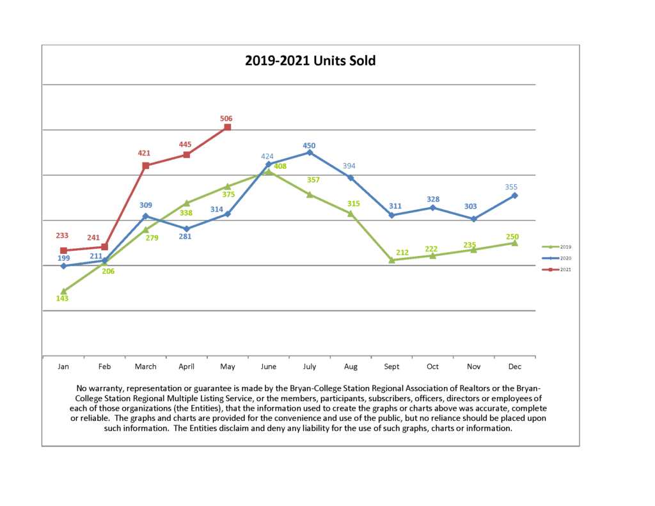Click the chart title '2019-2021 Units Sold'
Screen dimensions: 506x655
pyautogui.click(x=310, y=61)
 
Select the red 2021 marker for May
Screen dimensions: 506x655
pyautogui.click(x=227, y=127)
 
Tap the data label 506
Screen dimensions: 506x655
pyautogui.click(x=226, y=118)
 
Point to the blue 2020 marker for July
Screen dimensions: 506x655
pyautogui.click(x=310, y=152)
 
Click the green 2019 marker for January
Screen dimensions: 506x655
pyautogui.click(x=63, y=291)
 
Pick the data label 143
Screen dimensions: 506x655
pyautogui.click(x=62, y=298)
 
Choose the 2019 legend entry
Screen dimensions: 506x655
pyautogui.click(x=556, y=246)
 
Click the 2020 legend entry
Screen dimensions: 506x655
pyautogui.click(x=556, y=258)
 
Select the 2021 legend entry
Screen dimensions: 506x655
pyautogui.click(x=556, y=269)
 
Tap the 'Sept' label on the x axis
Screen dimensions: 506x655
pyautogui.click(x=391, y=367)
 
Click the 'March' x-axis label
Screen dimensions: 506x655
pyautogui.click(x=145, y=367)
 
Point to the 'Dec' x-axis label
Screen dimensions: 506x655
pyautogui.click(x=514, y=367)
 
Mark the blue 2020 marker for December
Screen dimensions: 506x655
pyautogui.click(x=515, y=196)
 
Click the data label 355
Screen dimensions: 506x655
pyautogui.click(x=511, y=187)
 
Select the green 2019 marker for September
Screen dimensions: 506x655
pyautogui.click(x=391, y=260)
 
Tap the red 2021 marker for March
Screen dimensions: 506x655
pyautogui.click(x=146, y=166)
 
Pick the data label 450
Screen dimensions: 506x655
pyautogui.click(x=309, y=146)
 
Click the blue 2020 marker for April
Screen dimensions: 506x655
pyautogui.click(x=186, y=228)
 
